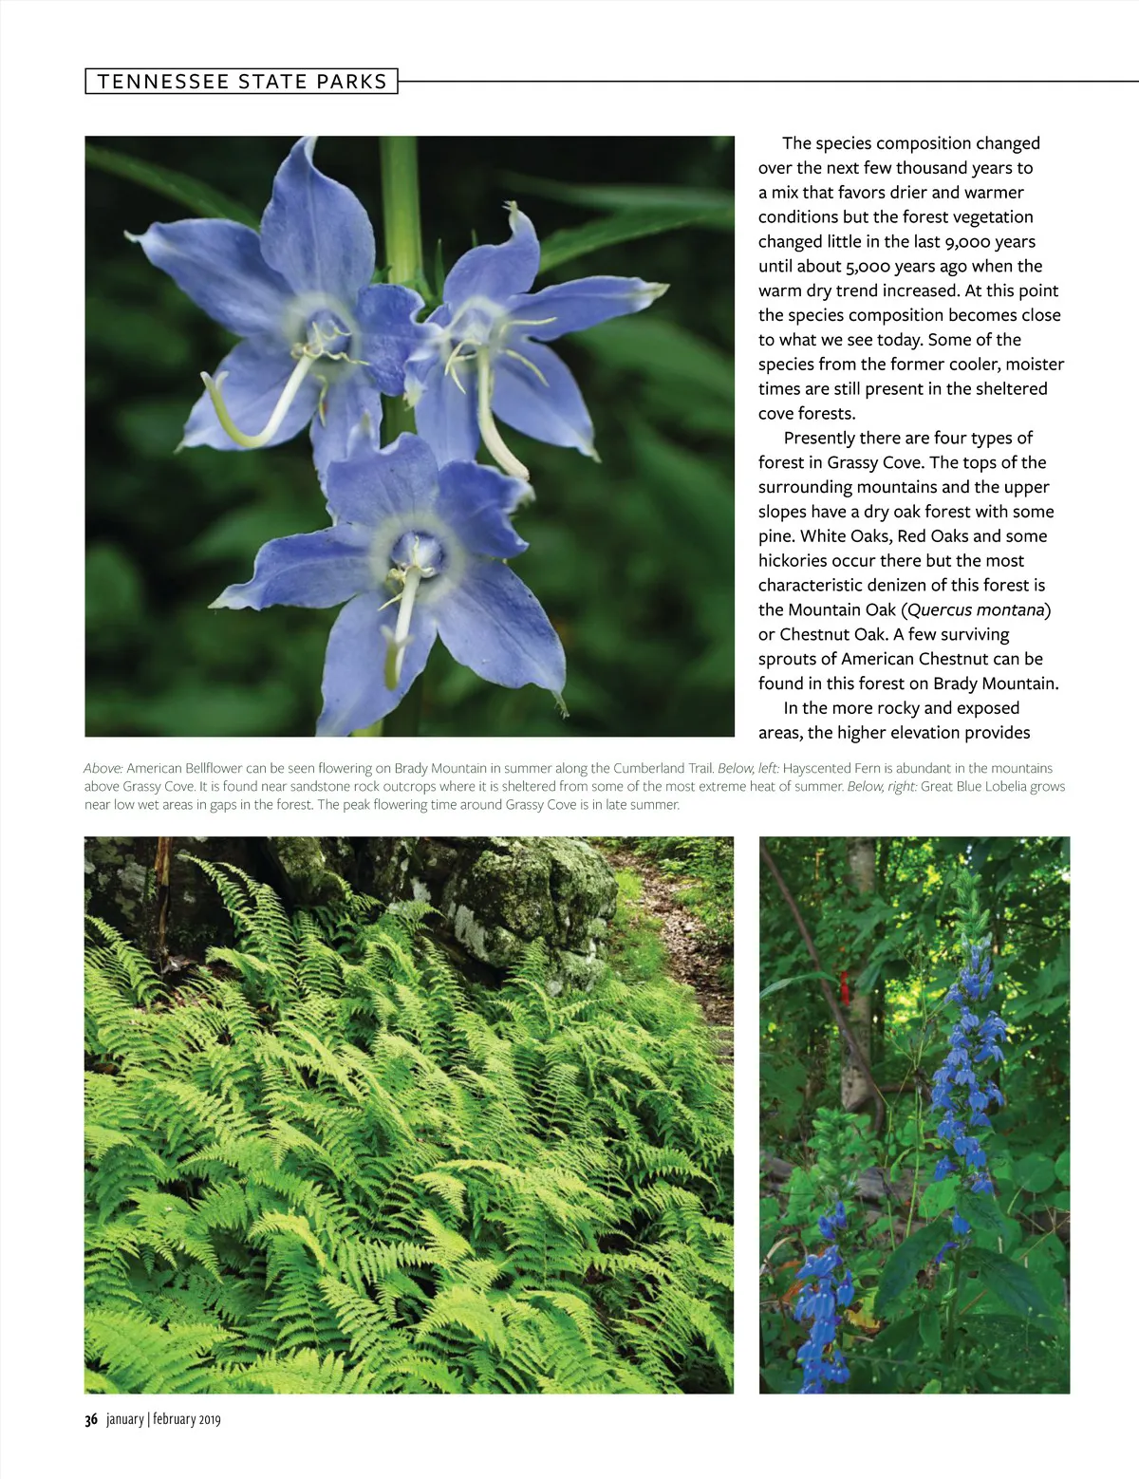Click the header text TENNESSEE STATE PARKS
point(242,82)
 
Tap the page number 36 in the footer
point(91,1419)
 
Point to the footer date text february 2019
point(187,1419)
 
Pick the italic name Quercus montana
point(976,609)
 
